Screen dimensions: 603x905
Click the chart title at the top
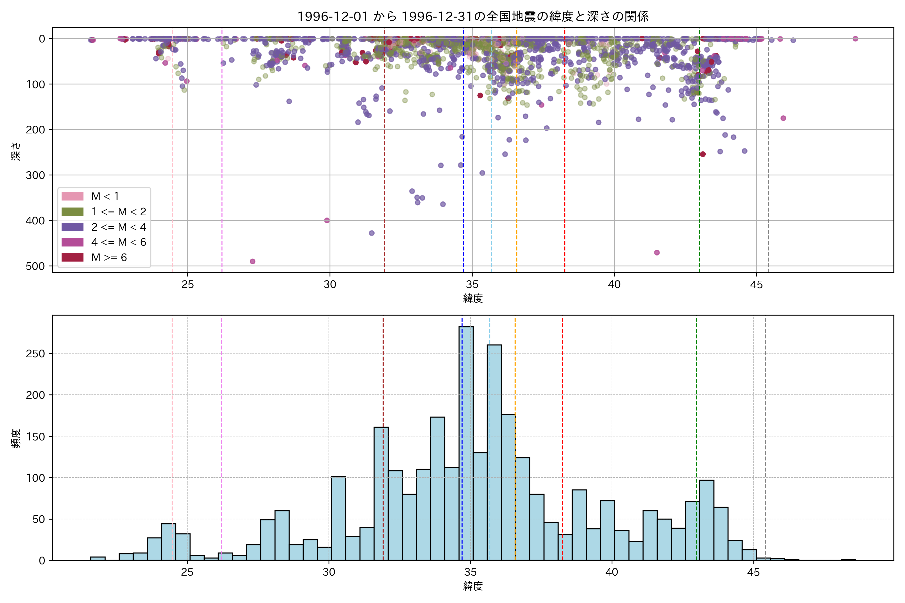tap(473, 16)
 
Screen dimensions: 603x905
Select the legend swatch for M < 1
tap(72, 196)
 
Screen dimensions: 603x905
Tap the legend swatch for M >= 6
tap(72, 257)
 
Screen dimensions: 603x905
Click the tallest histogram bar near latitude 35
tap(466, 442)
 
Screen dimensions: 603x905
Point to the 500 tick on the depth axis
tap(35, 266)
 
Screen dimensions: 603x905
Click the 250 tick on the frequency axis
tap(35, 354)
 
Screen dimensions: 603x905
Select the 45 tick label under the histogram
tap(753, 572)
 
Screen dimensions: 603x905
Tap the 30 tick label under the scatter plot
tap(330, 285)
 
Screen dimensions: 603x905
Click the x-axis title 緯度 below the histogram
tap(473, 586)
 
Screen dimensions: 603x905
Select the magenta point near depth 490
tap(252, 262)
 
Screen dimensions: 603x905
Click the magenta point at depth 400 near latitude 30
tap(327, 220)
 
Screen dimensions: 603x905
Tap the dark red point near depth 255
tap(703, 154)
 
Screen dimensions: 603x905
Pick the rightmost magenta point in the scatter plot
tap(855, 38)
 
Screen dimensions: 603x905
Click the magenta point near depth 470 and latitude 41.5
tap(657, 253)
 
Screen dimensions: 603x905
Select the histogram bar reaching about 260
tap(494, 452)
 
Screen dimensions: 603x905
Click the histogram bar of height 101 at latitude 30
tap(338, 518)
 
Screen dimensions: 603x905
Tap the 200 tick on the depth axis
tap(35, 130)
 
